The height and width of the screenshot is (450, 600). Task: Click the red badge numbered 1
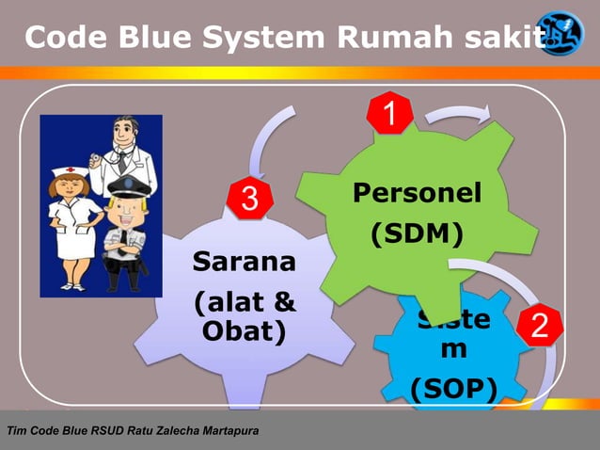coord(387,117)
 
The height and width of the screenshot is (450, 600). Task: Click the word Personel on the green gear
coord(417,193)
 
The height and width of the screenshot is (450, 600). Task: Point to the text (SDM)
coord(417,233)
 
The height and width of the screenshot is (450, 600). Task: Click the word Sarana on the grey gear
coord(244,261)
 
